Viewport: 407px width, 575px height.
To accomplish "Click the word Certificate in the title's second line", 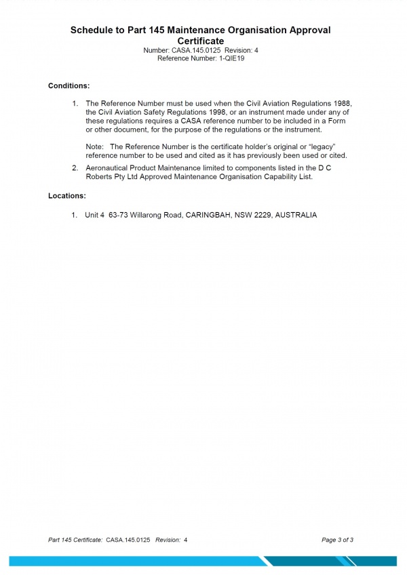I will [201, 41].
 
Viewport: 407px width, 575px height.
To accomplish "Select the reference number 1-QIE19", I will [231, 59].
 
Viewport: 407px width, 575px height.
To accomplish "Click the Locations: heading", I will [66, 195].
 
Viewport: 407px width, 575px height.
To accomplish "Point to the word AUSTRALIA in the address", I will [296, 215].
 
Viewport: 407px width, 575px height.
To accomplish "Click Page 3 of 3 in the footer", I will [337, 540].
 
